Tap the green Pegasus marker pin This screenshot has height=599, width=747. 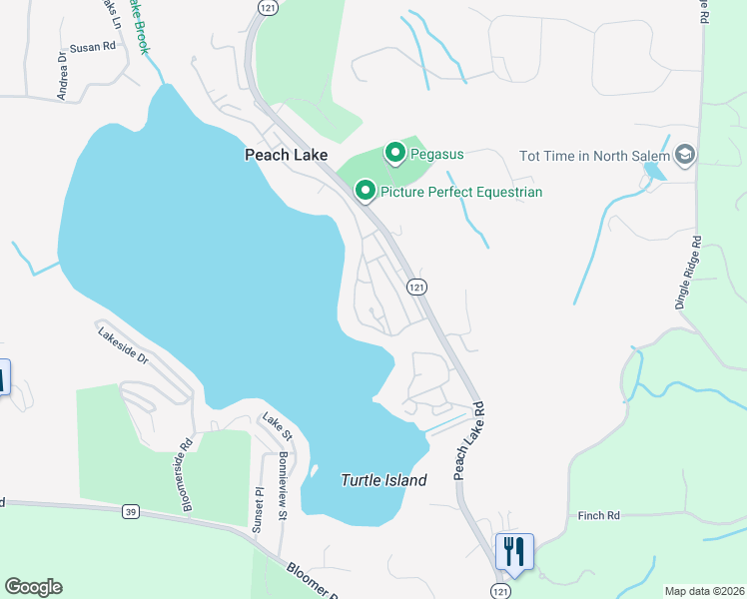(395, 153)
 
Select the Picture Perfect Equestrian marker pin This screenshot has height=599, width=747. (367, 191)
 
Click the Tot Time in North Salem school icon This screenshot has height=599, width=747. (685, 155)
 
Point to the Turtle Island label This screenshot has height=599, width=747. (383, 480)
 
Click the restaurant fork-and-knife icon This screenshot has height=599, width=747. (514, 550)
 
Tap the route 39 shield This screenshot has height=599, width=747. (131, 511)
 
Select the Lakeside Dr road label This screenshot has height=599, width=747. (123, 344)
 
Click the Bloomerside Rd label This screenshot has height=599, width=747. (186, 476)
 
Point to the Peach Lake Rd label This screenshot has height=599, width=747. (468, 440)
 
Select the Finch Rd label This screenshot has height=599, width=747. (599, 515)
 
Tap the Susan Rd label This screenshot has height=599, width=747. (93, 47)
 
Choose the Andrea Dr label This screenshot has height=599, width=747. (62, 76)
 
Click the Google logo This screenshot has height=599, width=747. (33, 587)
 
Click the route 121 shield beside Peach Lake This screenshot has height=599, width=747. (417, 287)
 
